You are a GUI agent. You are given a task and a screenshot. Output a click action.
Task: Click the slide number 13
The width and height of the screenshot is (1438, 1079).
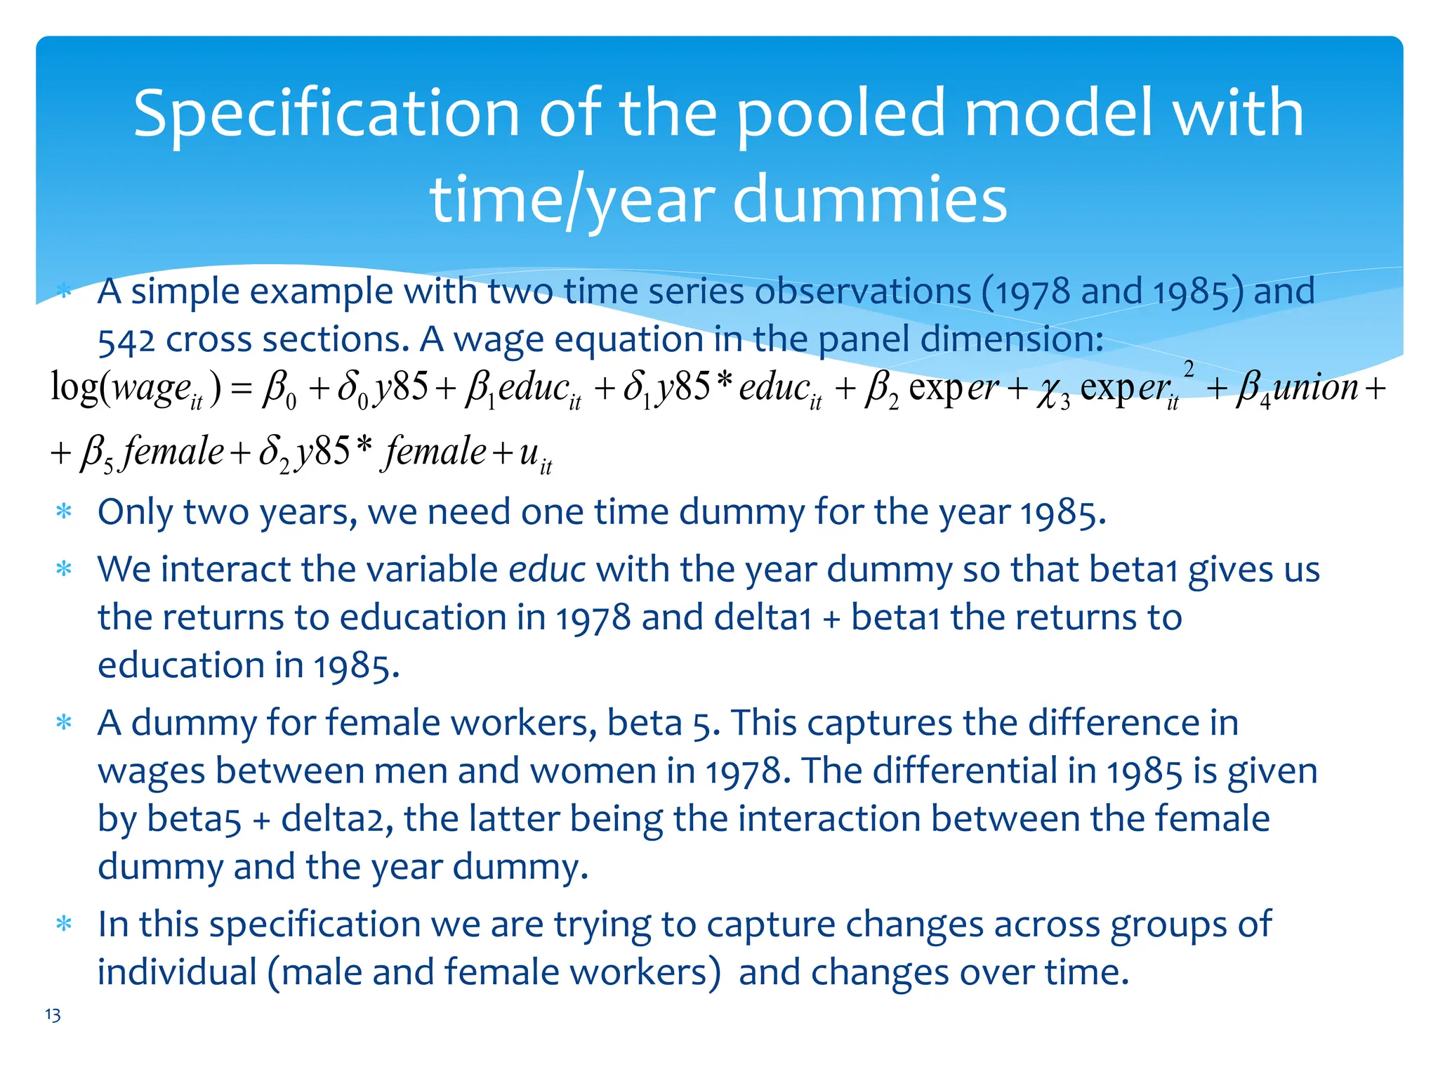click(x=53, y=1015)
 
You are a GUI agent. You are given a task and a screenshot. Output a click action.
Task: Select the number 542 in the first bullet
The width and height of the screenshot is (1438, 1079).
click(x=126, y=341)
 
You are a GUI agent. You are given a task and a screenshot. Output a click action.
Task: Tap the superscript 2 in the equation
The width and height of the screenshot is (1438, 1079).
click(x=1188, y=368)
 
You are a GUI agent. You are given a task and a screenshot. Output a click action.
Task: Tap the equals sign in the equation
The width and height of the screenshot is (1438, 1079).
click(x=241, y=388)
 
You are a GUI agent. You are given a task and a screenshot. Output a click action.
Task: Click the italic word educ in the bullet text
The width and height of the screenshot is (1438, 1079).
click(x=546, y=569)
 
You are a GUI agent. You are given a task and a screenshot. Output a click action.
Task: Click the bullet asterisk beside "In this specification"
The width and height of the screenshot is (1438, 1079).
click(x=64, y=924)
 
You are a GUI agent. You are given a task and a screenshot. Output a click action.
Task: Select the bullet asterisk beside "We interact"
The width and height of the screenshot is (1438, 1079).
click(x=64, y=568)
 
